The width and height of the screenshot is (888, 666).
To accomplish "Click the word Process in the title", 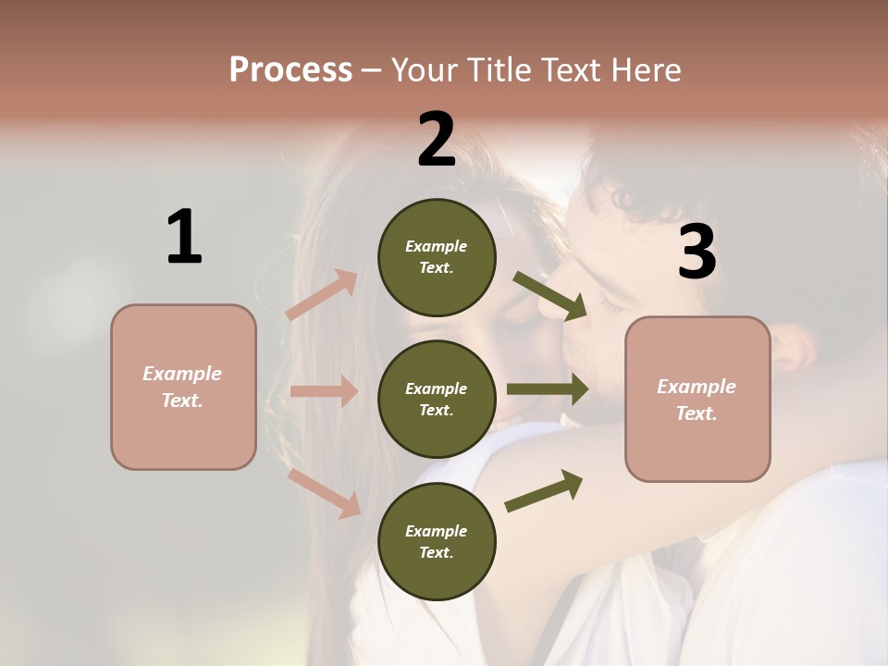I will [290, 69].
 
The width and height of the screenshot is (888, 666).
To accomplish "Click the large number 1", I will [184, 238].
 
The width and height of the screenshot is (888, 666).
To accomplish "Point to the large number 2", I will [437, 140].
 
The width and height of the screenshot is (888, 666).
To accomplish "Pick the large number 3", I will [697, 252].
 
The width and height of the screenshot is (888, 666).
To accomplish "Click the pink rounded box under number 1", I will [183, 387].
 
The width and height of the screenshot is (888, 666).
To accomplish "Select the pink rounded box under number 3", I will [697, 400].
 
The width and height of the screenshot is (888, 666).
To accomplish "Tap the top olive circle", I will [437, 257].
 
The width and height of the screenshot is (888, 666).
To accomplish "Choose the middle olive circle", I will [437, 400].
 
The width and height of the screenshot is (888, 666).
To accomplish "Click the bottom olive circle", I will [437, 542].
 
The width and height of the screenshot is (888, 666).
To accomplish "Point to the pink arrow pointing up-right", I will [322, 293].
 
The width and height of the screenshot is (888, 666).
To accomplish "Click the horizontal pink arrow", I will [323, 391].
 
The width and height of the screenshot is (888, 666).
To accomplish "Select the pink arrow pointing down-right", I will [324, 492].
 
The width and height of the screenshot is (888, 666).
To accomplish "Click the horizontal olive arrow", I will [548, 389].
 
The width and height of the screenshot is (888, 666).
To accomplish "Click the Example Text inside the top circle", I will [437, 257].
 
